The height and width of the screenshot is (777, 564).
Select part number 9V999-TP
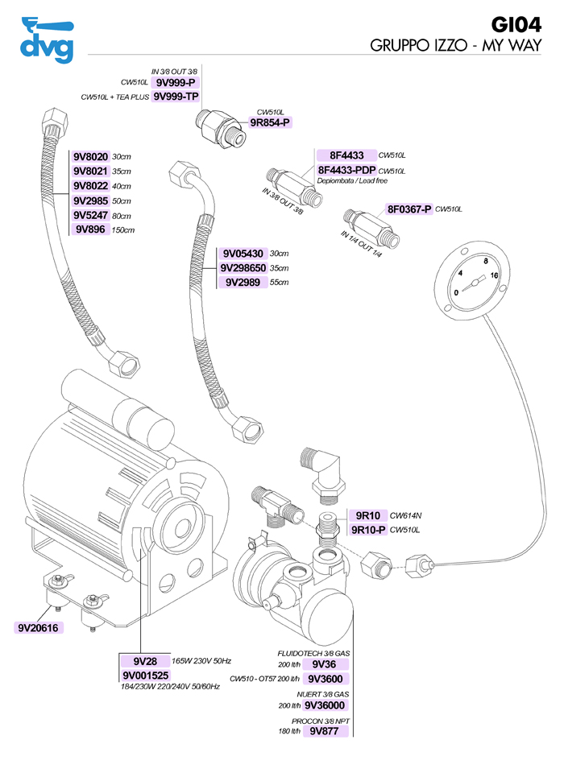coord(176,97)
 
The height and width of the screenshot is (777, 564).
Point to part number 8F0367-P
coord(409,209)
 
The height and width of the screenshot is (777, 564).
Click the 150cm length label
coord(123,230)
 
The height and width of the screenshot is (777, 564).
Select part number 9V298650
coord(244,267)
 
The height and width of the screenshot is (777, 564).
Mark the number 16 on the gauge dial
coord(494,275)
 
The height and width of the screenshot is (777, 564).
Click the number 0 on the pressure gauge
coord(457,292)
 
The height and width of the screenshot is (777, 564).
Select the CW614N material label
coord(406,515)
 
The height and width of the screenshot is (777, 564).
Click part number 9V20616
coord(39,627)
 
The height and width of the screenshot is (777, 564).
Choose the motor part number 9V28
coord(145,660)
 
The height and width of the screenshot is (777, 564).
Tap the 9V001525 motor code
coord(145,675)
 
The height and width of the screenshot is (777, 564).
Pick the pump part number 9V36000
coord(326,705)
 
